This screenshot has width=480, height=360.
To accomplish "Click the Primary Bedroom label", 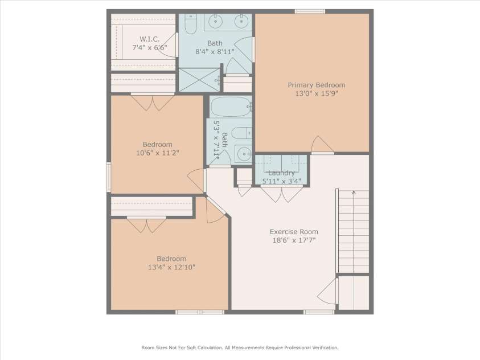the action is coord(316,85).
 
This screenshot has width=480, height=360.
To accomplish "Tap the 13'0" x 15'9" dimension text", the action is coord(316,93).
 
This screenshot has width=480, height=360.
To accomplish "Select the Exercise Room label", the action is coord(294,232).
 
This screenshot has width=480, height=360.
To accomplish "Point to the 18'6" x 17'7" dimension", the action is coord(294,240).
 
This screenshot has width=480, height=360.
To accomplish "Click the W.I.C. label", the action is coord(149,39).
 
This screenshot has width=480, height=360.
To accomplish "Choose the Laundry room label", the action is coord(281,173).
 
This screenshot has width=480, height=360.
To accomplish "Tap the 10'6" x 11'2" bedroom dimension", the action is coord(157,153).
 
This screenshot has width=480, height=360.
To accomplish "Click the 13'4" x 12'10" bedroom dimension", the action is coord(171,267).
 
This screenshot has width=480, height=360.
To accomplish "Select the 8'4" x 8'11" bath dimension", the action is coord(215,51).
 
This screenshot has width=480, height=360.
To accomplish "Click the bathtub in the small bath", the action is coord(231,107).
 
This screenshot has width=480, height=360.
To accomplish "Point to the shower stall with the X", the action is coord(199,80).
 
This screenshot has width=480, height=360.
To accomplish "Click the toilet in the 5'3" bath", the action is coord(242,133).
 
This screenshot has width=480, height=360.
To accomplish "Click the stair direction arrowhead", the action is coord(354,193).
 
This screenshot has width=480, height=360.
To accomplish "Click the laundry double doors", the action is coord(282,194).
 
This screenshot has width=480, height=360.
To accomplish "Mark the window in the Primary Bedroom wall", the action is coord(310,11).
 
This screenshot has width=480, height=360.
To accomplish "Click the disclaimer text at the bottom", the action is coord(240,348).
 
